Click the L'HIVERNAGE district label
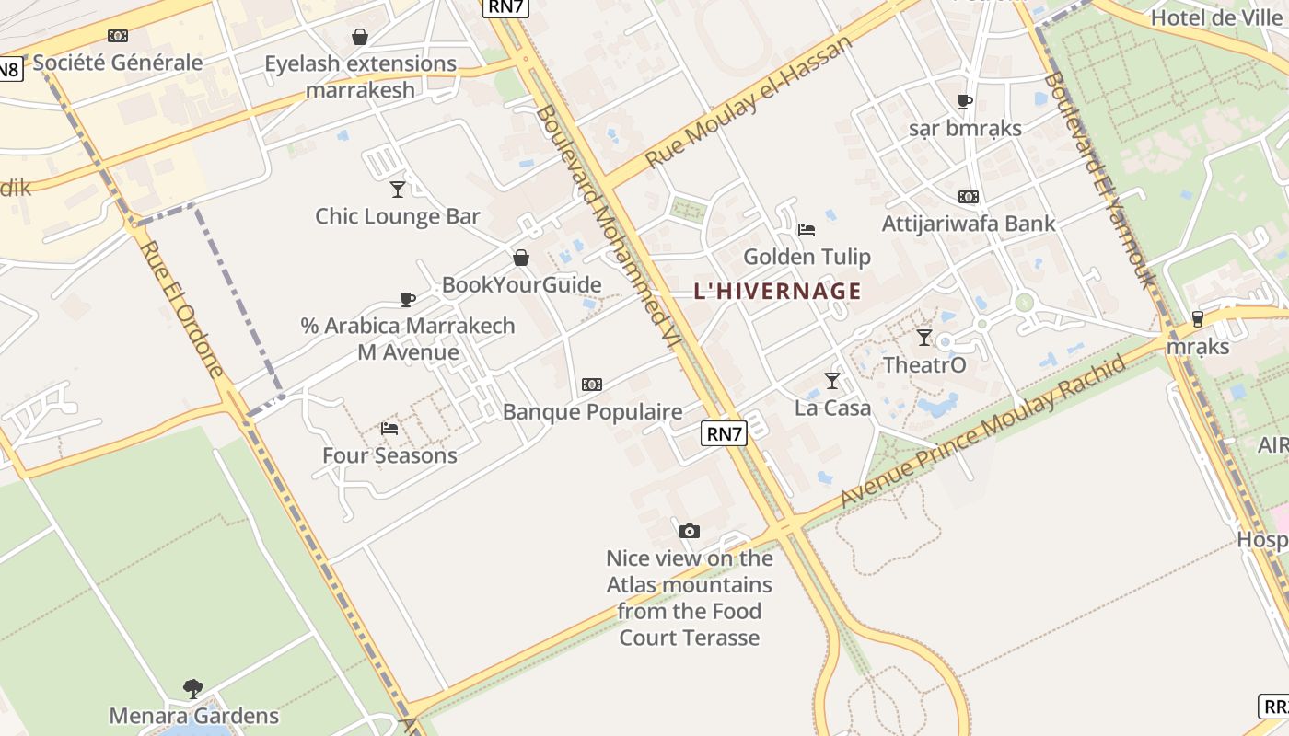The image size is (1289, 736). [x=777, y=292]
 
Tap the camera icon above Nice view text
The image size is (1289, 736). [x=689, y=531]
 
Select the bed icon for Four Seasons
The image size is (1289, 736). [x=389, y=429]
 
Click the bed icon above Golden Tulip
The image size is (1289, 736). [x=807, y=229]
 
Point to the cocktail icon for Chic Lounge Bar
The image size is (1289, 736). [x=398, y=190]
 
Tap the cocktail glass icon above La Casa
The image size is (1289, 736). [x=832, y=380]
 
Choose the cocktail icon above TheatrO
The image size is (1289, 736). [x=924, y=338]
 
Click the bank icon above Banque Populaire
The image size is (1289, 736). [x=592, y=385]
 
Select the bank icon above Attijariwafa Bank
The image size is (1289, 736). [x=968, y=197]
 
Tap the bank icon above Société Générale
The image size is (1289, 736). [x=117, y=36]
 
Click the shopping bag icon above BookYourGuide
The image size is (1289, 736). [x=521, y=258]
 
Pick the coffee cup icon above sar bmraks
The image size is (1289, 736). [x=965, y=101]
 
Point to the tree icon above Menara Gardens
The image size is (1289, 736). [x=193, y=688]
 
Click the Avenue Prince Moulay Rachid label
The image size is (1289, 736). [x=982, y=431]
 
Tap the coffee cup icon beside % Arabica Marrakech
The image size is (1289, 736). [x=408, y=299]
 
